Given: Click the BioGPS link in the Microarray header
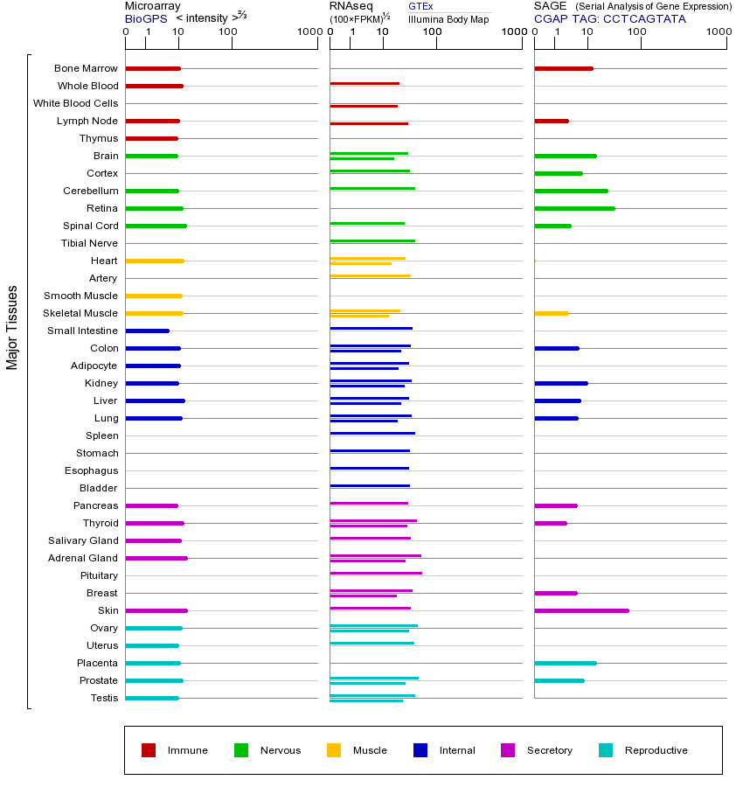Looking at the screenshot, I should [x=146, y=18].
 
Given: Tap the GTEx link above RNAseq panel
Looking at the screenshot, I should [x=420, y=6].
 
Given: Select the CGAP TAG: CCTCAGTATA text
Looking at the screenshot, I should [x=610, y=18].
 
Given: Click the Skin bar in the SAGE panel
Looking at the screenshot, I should [x=581, y=610].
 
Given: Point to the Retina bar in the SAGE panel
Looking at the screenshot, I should [x=574, y=208].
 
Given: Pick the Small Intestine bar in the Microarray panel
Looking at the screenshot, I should [x=147, y=331].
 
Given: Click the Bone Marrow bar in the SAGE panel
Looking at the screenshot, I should [x=564, y=68].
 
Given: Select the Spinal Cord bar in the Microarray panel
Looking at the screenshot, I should [x=156, y=226].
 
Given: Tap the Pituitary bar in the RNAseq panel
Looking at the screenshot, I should [x=376, y=573].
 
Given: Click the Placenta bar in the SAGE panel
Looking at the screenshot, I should [x=566, y=663].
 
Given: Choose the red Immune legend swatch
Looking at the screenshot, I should [x=149, y=750].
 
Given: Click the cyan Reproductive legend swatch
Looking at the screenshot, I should [x=606, y=750].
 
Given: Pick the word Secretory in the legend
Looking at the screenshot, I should [x=549, y=750].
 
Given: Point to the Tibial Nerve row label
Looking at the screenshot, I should [x=89, y=243].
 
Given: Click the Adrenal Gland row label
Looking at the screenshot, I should [x=83, y=558].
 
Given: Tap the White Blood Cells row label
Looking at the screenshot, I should [x=75, y=103].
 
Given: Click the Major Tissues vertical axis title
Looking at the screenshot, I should [x=12, y=327].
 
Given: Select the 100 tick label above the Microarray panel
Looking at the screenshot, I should [x=227, y=33].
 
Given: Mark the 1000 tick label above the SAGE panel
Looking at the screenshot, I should [x=719, y=33].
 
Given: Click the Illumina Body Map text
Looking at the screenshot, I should [x=448, y=19].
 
